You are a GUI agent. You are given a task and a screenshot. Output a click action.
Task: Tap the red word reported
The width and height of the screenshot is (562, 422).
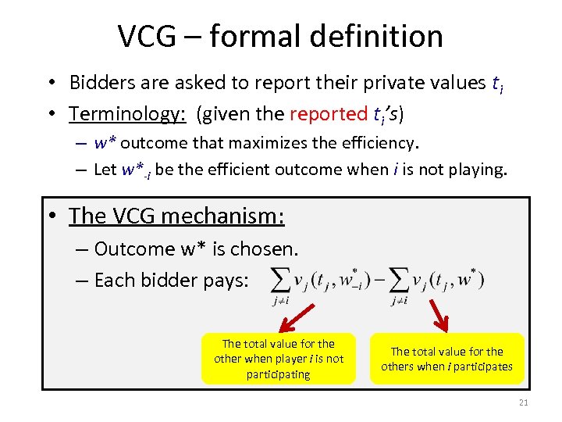tap(327, 114)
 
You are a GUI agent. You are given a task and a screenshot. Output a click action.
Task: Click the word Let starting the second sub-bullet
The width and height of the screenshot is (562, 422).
tap(105, 169)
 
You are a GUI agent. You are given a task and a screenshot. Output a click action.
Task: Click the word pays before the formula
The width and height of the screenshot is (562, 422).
tap(226, 280)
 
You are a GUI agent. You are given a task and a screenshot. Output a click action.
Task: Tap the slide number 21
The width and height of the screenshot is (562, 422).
tap(523, 402)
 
